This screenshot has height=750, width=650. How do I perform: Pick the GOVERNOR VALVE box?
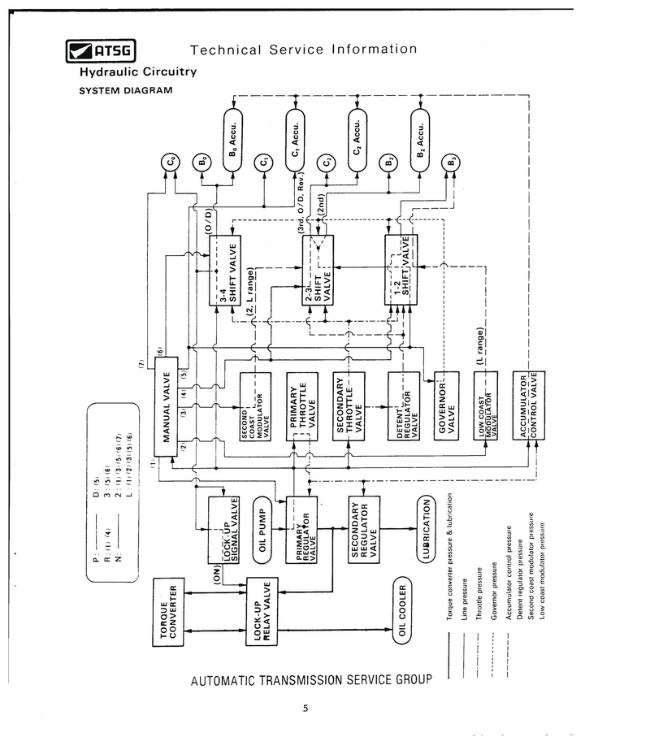coord(448,406)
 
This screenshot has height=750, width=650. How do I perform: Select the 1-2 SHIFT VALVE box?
coord(403,270)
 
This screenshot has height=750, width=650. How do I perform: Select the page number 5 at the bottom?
coord(305,707)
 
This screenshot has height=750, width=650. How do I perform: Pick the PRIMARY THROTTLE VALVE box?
coord(301,406)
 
